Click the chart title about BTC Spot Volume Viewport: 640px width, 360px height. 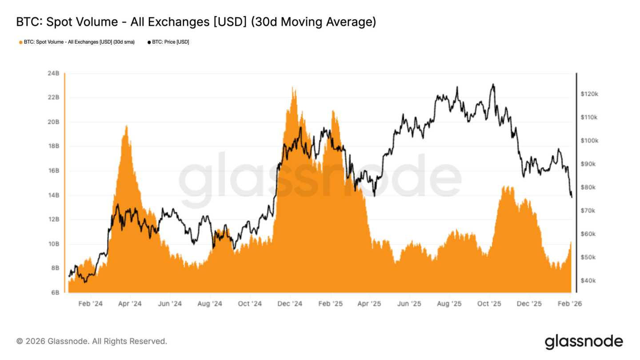(196, 22)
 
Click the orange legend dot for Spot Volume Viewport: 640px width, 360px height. (20, 42)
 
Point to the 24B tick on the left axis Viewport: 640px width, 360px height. (54, 73)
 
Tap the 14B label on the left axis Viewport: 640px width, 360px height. (54, 195)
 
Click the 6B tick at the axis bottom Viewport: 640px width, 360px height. (55, 292)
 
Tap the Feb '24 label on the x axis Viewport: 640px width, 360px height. (91, 304)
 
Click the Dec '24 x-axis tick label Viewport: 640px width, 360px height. (290, 304)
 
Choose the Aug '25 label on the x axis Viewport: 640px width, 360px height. (449, 304)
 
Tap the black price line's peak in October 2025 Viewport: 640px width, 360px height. (492, 84)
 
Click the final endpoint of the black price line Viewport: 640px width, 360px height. (572, 197)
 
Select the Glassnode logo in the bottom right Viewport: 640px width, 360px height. (584, 341)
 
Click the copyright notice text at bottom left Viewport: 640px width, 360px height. (92, 341)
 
